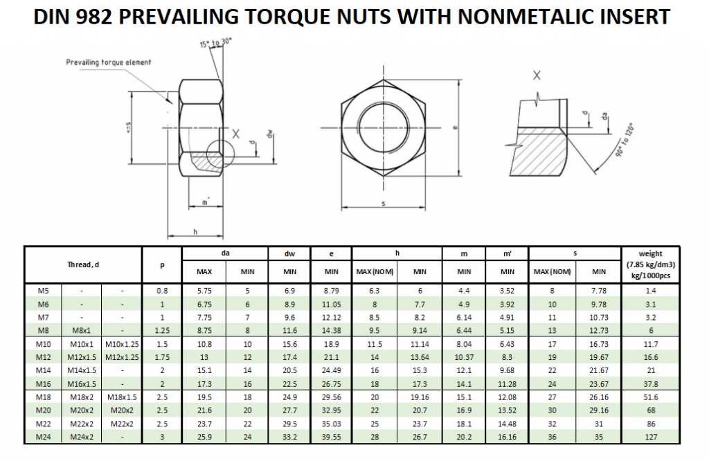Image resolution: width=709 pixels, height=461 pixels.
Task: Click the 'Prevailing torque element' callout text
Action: point(109,63)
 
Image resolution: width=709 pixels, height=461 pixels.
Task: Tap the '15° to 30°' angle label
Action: point(216,44)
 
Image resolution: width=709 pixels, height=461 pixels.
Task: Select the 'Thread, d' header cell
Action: point(83,264)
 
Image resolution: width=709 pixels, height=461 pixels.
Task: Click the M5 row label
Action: point(43,290)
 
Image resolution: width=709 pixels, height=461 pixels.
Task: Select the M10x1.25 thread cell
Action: point(122,344)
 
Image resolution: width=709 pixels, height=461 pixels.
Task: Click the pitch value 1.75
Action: point(162,357)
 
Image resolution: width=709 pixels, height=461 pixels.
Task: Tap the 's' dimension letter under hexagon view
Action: point(383,203)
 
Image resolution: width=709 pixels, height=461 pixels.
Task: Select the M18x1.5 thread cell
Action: point(122,397)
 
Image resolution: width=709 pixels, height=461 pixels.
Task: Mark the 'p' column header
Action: point(162,264)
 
